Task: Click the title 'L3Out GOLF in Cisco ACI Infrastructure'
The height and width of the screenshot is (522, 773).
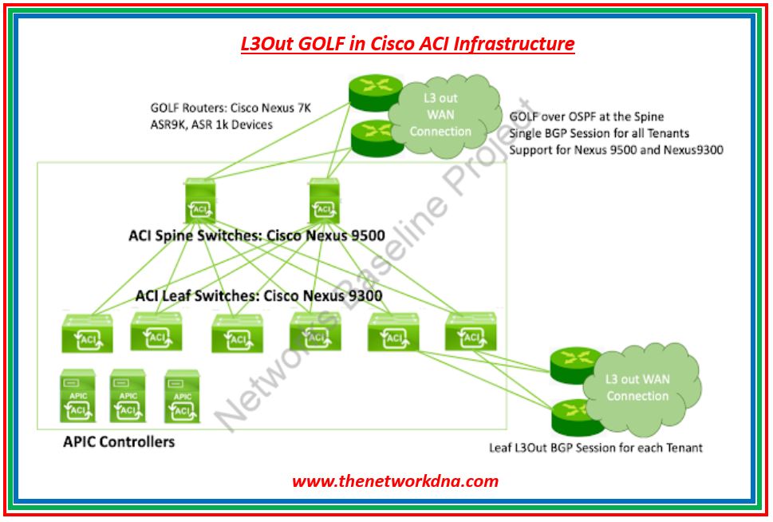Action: [x=407, y=43]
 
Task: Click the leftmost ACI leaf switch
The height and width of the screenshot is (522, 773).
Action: [x=87, y=334]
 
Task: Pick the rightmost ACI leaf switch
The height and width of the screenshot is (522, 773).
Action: [x=471, y=331]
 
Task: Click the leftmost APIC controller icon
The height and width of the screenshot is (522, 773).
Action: [x=78, y=396]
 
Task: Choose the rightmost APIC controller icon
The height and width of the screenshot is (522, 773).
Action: [x=183, y=396]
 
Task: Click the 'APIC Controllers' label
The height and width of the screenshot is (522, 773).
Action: [x=119, y=441]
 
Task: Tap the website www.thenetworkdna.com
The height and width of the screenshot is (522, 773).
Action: [x=395, y=480]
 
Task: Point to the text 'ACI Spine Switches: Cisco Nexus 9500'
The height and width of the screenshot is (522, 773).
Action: [x=256, y=235]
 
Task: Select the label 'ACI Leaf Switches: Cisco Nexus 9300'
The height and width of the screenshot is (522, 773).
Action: [x=258, y=295]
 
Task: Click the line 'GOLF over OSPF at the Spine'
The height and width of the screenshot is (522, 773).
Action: [x=586, y=117]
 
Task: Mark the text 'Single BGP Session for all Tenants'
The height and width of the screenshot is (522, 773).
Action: [x=599, y=132]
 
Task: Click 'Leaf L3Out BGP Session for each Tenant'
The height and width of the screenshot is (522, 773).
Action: [x=596, y=448]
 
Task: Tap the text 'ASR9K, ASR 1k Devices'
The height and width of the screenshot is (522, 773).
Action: [x=211, y=125]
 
